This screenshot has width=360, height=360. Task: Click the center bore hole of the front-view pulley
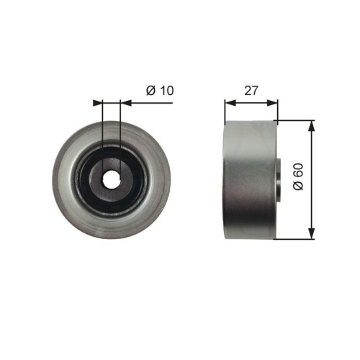(112, 179)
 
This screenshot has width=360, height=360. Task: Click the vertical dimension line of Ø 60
(311, 209)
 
